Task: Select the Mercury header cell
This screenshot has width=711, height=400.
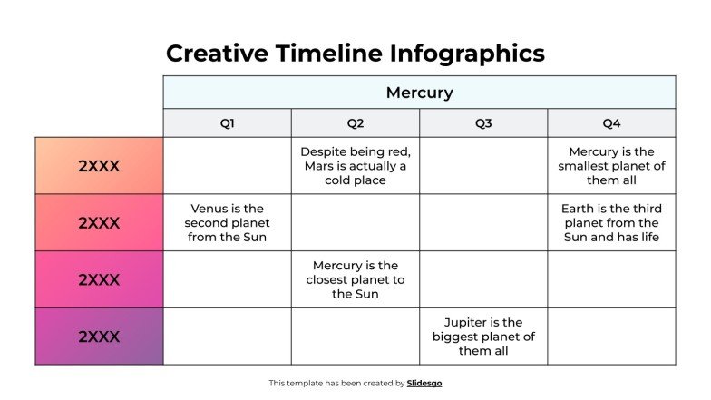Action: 419,93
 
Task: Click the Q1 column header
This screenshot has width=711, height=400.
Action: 227,123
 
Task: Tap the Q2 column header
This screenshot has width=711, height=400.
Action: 355,123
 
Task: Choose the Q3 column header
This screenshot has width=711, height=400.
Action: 483,123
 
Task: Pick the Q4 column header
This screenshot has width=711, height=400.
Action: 611,123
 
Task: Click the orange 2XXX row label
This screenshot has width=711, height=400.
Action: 99,166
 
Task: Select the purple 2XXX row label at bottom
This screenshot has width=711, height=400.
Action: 99,337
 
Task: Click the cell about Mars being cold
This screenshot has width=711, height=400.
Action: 355,166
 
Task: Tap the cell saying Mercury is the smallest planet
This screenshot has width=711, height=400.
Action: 611,166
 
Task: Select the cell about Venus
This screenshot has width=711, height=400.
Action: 227,223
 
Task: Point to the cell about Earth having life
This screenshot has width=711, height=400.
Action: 611,223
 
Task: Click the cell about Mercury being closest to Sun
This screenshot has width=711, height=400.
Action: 355,279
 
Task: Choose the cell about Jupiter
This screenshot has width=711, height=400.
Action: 483,337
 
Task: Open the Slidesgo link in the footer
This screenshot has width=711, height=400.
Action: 424,384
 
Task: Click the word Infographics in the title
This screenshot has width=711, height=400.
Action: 467,54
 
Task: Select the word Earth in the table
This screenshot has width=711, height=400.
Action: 580,209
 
